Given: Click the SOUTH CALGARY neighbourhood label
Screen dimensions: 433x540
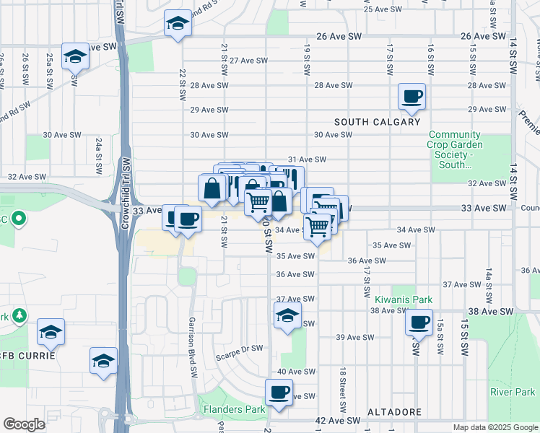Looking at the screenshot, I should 376,121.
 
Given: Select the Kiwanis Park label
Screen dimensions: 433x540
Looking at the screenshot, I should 403,299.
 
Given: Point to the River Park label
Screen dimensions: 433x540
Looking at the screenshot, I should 512,392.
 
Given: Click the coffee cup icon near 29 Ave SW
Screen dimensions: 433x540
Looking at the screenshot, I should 411,96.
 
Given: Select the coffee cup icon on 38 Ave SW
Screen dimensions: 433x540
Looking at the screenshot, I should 418,322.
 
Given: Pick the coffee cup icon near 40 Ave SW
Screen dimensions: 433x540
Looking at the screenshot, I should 279,393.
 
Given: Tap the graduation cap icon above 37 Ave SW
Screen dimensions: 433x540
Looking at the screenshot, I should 287,315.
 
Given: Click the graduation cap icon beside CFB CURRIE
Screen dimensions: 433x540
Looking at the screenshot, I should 51,332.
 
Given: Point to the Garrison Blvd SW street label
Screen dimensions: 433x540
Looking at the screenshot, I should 193,347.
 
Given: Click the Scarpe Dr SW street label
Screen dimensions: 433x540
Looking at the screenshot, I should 239,348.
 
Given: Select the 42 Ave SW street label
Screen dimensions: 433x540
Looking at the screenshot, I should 339,421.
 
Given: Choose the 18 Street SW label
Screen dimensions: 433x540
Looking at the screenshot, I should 339,390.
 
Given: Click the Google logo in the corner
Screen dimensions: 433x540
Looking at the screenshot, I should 25,424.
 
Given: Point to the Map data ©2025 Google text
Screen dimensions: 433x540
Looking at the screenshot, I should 495,427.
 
